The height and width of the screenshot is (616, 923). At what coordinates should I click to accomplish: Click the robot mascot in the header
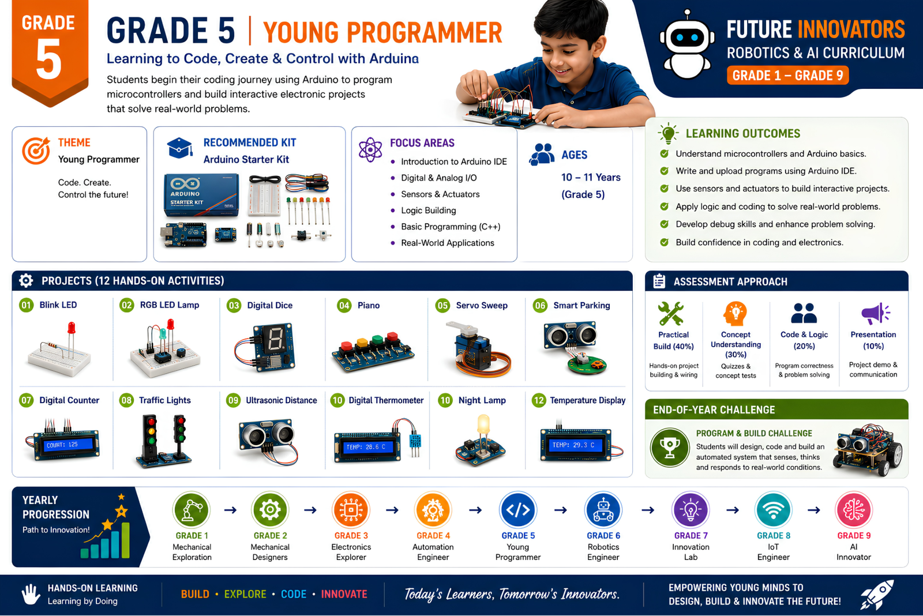[687, 46]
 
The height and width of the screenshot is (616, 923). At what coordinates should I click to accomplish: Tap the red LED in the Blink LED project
[72, 328]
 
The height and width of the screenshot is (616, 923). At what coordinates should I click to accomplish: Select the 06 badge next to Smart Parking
[540, 305]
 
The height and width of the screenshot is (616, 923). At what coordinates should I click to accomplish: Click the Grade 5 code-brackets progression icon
[518, 510]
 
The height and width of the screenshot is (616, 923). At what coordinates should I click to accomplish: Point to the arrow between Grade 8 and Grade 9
[813, 510]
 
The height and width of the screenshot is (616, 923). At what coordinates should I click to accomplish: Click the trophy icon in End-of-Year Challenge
[670, 448]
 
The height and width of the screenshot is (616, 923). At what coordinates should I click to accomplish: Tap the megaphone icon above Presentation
[875, 314]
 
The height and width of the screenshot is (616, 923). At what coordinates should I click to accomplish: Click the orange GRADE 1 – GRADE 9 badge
[787, 76]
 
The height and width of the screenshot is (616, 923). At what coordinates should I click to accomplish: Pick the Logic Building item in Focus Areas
[429, 211]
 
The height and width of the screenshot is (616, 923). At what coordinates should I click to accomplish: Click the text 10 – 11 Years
[591, 177]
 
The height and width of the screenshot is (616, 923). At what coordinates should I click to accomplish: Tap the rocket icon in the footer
[877, 595]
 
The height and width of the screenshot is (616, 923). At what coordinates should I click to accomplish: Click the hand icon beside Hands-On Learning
[31, 594]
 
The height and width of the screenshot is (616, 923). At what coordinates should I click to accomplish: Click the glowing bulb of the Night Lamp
[483, 425]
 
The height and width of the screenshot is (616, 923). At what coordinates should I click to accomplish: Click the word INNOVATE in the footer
[344, 594]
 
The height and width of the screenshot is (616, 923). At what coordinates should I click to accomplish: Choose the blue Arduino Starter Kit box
[201, 195]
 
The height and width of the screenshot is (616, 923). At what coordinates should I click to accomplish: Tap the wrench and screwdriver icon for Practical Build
[671, 314]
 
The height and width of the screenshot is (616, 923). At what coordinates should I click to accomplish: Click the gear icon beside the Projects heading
[26, 280]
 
